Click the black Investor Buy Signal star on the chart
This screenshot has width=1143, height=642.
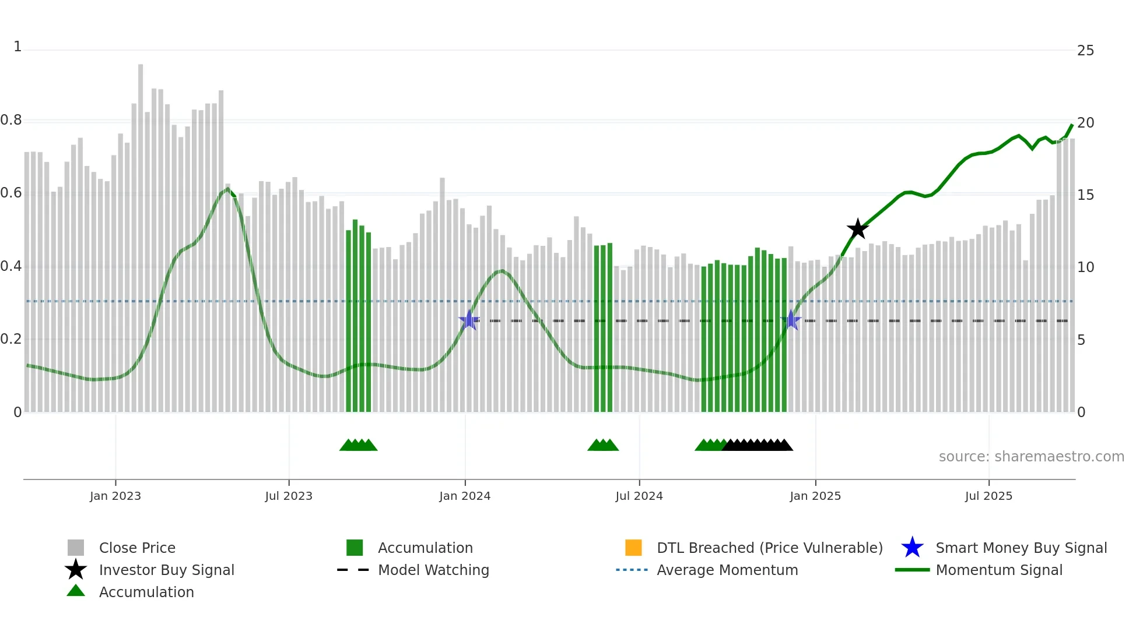point(857,229)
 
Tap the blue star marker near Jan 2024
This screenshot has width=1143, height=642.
point(469,320)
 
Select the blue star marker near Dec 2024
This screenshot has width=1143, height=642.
point(791,320)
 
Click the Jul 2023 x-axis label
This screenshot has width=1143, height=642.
point(289,496)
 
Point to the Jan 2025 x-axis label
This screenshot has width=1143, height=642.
point(815,496)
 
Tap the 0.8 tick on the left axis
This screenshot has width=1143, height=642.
point(12,121)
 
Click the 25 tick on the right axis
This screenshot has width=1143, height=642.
point(1085,51)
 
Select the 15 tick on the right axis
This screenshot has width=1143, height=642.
point(1085,195)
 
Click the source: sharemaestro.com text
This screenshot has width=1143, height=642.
point(1031,457)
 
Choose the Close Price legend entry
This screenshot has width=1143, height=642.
point(137,548)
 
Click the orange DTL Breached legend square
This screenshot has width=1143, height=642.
point(633,548)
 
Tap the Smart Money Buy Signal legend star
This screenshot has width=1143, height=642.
point(912,548)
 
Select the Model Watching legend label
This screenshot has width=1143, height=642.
point(433,570)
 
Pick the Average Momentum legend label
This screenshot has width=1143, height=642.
point(727,570)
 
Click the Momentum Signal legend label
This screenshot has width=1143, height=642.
point(999,570)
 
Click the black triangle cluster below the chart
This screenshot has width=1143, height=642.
point(757,445)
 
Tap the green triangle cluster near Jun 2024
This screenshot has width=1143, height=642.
point(603,445)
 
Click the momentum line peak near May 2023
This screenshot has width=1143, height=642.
point(227,189)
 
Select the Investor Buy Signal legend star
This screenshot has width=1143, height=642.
point(76,570)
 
